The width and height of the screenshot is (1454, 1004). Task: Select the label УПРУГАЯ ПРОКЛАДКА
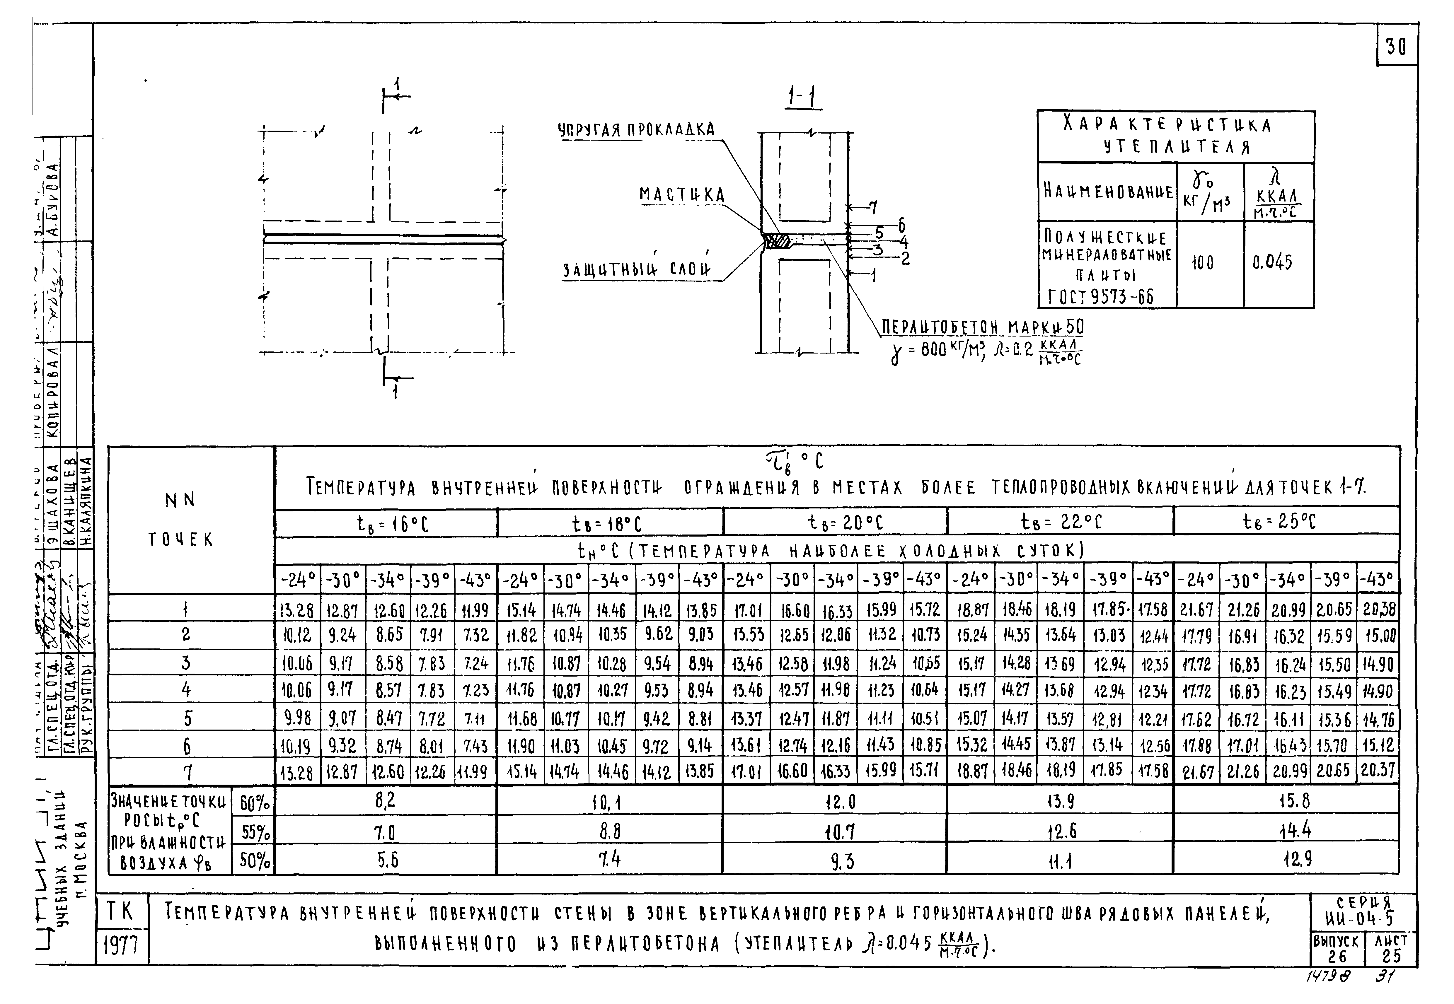click(x=637, y=130)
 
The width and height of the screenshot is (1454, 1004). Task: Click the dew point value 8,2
click(x=386, y=801)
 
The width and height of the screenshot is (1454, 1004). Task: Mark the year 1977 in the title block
click(x=121, y=945)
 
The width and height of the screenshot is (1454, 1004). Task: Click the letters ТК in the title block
click(x=121, y=910)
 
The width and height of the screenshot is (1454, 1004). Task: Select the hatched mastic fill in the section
click(x=780, y=241)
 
